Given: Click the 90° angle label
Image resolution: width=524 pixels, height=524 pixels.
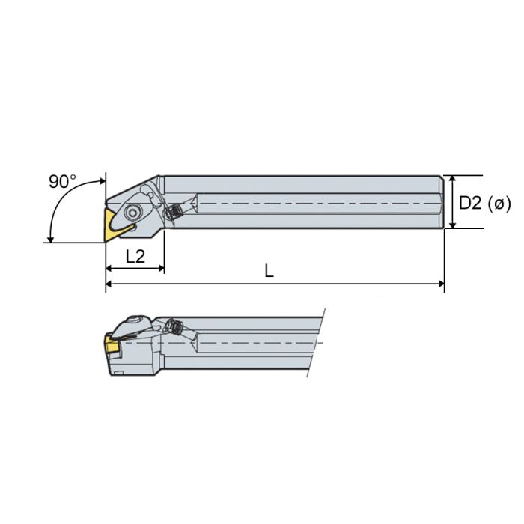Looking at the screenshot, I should point(63,181).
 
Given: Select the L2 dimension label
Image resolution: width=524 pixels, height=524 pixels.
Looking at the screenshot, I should point(135,257).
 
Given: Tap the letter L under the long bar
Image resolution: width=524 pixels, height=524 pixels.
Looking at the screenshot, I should point(269,271).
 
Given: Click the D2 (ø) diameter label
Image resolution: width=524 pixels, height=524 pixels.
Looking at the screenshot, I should point(484,202).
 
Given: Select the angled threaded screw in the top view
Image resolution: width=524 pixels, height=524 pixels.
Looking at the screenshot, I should point(177,212).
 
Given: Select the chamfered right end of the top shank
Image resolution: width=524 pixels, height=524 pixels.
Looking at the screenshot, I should point(442,202).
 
